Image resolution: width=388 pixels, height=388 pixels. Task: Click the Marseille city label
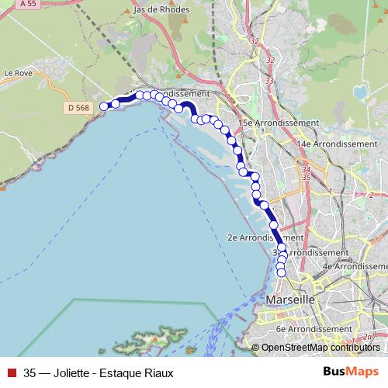(289, 299)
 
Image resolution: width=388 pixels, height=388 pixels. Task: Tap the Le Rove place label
(16, 73)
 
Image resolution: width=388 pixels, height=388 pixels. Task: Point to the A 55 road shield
(29, 4)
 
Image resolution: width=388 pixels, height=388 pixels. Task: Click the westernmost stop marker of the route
(104, 107)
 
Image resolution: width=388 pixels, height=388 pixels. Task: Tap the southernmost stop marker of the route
(281, 272)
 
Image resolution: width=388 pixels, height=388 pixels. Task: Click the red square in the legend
(11, 372)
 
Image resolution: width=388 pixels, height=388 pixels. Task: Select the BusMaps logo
(351, 372)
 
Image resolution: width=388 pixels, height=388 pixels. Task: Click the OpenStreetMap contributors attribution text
(320, 347)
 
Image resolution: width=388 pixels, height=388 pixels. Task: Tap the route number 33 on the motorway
(269, 80)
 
